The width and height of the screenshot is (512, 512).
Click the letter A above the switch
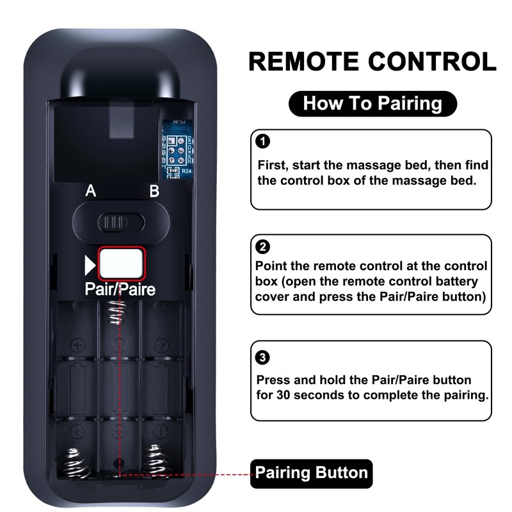(91, 191)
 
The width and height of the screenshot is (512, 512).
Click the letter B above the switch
(154, 191)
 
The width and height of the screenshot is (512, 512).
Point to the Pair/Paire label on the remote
(120, 289)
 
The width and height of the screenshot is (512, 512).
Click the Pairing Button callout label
(312, 473)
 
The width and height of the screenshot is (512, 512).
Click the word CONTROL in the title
(438, 62)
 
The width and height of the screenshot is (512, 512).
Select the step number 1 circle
(262, 141)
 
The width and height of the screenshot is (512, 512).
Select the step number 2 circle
(262, 246)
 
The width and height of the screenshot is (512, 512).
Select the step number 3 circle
(262, 357)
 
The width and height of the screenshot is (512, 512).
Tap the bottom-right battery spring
(159, 460)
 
